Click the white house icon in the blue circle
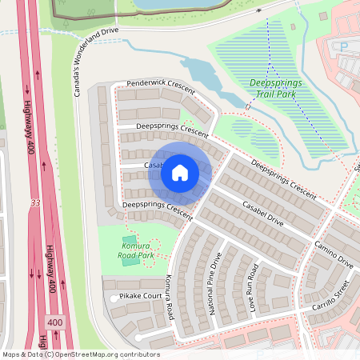[x=180, y=172]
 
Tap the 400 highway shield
[x=54, y=322]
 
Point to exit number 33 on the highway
[x=35, y=203]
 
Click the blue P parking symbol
[x=344, y=47]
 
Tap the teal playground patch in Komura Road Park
[x=130, y=260]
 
